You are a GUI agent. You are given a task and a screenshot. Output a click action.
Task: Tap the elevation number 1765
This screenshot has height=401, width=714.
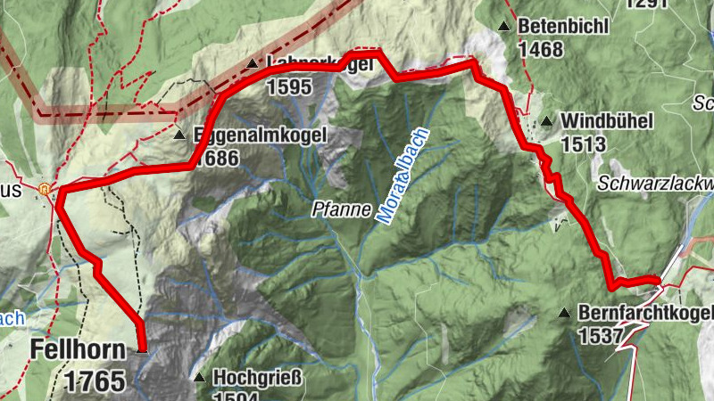click(94, 381)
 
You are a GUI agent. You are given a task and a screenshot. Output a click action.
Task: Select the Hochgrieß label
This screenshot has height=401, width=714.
click(258, 377)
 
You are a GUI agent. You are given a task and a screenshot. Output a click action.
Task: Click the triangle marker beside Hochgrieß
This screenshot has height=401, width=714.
click(199, 378)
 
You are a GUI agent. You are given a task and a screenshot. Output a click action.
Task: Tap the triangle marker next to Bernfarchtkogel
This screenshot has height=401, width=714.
click(564, 313)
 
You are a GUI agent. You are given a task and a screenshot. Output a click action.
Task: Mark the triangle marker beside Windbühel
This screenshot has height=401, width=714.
click(546, 120)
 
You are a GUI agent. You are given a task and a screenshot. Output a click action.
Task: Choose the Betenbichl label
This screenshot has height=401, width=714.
click(562, 27)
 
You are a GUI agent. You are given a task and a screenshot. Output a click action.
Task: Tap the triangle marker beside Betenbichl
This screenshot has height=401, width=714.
click(504, 27)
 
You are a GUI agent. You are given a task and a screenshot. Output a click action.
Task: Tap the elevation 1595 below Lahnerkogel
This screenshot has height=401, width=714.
click(287, 86)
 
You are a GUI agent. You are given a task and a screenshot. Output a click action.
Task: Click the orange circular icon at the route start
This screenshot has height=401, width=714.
click(44, 189)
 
